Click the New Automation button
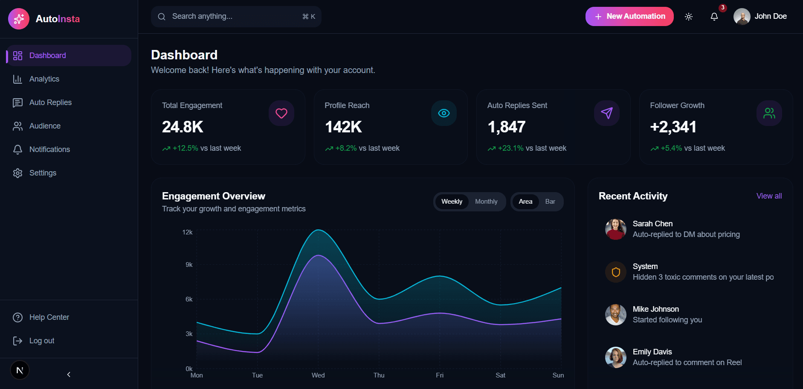(629, 16)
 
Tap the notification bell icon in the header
(714, 17)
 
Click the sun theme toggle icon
(688, 17)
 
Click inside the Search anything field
(230, 16)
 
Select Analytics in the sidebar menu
(44, 79)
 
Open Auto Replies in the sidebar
(50, 102)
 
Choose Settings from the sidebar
(43, 173)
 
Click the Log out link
(41, 341)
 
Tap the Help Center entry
(49, 317)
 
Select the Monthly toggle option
(486, 202)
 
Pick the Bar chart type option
(550, 202)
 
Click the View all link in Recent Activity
(769, 196)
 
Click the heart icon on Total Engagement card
(281, 113)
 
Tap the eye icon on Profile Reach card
(444, 113)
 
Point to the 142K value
(343, 127)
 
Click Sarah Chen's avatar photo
(615, 229)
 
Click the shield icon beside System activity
(615, 272)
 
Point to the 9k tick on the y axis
(189, 265)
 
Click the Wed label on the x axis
(318, 375)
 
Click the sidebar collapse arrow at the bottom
(69, 374)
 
